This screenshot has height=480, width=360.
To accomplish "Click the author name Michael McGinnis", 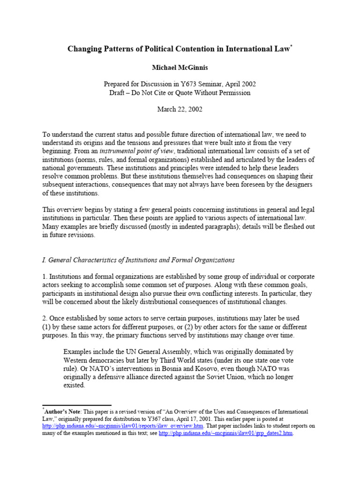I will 180,67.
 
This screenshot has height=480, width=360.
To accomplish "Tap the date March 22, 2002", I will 180,110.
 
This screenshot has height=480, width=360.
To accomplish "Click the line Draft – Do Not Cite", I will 180,92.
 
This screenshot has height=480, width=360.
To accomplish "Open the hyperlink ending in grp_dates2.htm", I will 225,434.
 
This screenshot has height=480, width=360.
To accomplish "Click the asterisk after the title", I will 291,45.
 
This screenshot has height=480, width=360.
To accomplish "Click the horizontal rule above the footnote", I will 77,405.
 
